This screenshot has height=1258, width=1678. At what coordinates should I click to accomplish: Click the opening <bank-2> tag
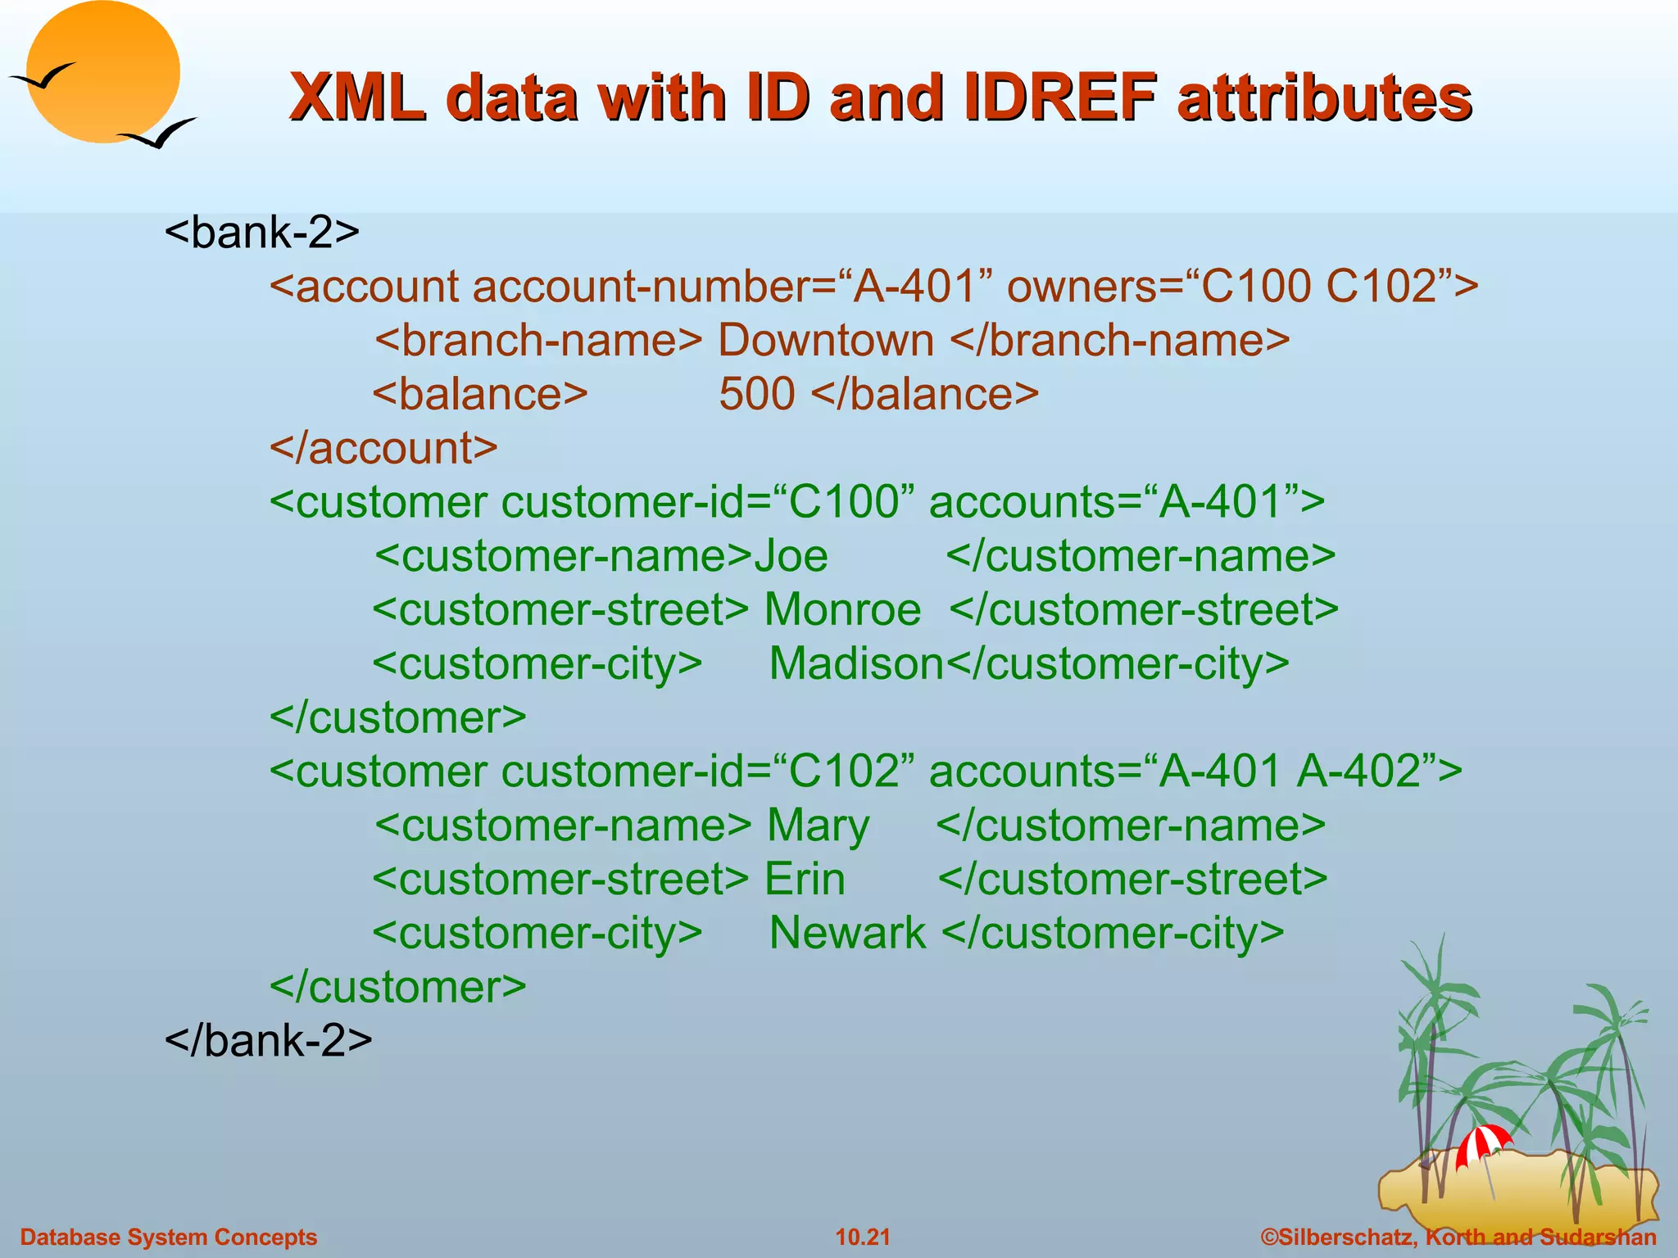(x=262, y=233)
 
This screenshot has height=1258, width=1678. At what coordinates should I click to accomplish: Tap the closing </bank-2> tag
(x=269, y=1041)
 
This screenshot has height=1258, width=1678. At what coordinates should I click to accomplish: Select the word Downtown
(x=826, y=341)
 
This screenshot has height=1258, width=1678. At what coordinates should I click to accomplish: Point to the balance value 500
(x=757, y=395)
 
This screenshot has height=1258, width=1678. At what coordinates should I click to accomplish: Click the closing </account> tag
(x=383, y=449)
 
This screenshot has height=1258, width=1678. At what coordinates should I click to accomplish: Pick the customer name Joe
(x=791, y=556)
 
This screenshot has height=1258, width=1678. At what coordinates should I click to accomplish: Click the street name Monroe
(x=842, y=610)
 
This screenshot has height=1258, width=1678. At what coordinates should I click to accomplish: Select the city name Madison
(x=856, y=664)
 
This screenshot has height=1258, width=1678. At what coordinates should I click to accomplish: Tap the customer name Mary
(x=818, y=826)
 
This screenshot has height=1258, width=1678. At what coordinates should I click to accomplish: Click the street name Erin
(x=805, y=880)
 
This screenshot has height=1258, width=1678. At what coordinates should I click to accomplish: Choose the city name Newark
(x=847, y=934)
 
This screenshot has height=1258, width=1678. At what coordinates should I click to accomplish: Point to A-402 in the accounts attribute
(x=1358, y=772)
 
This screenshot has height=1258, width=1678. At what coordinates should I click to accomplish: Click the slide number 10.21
(x=862, y=1237)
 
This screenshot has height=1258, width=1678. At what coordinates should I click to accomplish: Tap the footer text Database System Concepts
(x=169, y=1237)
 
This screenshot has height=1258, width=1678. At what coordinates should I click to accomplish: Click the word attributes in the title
(x=1324, y=97)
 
